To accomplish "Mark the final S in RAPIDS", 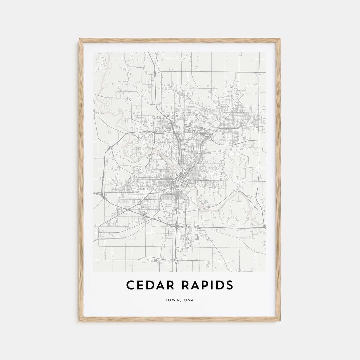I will click(229, 285).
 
